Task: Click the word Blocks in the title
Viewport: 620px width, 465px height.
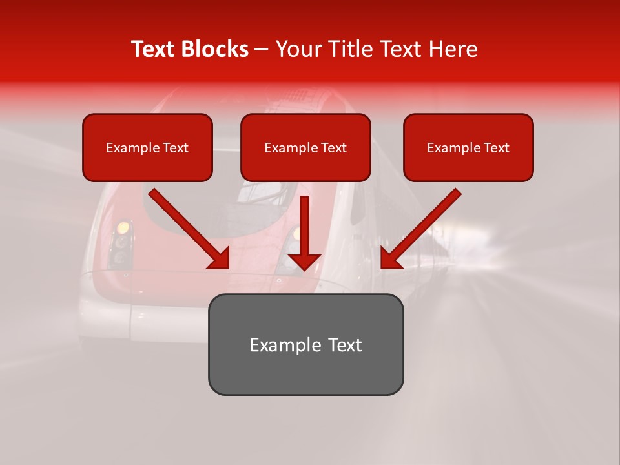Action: pyautogui.click(x=215, y=49)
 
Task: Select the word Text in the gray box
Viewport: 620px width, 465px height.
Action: pyautogui.click(x=344, y=345)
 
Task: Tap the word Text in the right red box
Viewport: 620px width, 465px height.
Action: pyautogui.click(x=496, y=148)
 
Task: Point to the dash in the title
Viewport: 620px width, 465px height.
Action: pyautogui.click(x=262, y=49)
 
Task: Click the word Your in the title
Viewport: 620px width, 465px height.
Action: pyautogui.click(x=297, y=49)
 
